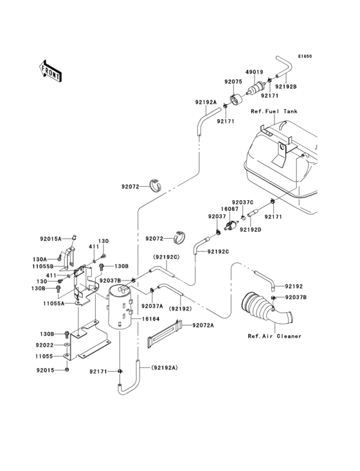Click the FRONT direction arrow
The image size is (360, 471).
(x=51, y=70)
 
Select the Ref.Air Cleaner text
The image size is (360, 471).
(x=274, y=336)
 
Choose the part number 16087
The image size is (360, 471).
(x=230, y=209)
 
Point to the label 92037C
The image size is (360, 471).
(x=243, y=202)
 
